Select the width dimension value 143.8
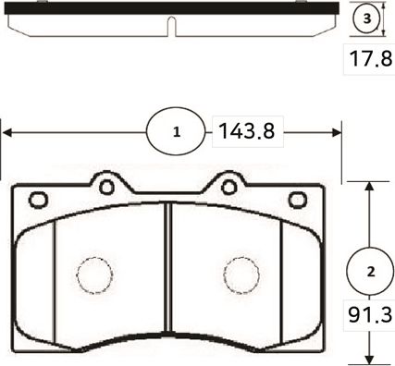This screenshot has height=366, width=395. [x=245, y=131]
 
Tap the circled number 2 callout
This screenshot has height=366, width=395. [x=370, y=272]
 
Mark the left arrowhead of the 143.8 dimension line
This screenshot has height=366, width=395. [x=5, y=131]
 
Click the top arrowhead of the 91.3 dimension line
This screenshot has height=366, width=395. [x=370, y=185]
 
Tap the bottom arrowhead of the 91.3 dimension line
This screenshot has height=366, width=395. [x=370, y=360]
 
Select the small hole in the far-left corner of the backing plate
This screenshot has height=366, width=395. [x=38, y=199]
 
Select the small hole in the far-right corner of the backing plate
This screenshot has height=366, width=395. [x=297, y=199]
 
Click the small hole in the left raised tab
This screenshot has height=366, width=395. [x=106, y=187]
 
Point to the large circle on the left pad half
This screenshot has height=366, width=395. [x=93, y=274]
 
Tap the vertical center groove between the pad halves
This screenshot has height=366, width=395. [x=168, y=277]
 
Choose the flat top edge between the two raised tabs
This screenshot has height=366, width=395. [x=167, y=195]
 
